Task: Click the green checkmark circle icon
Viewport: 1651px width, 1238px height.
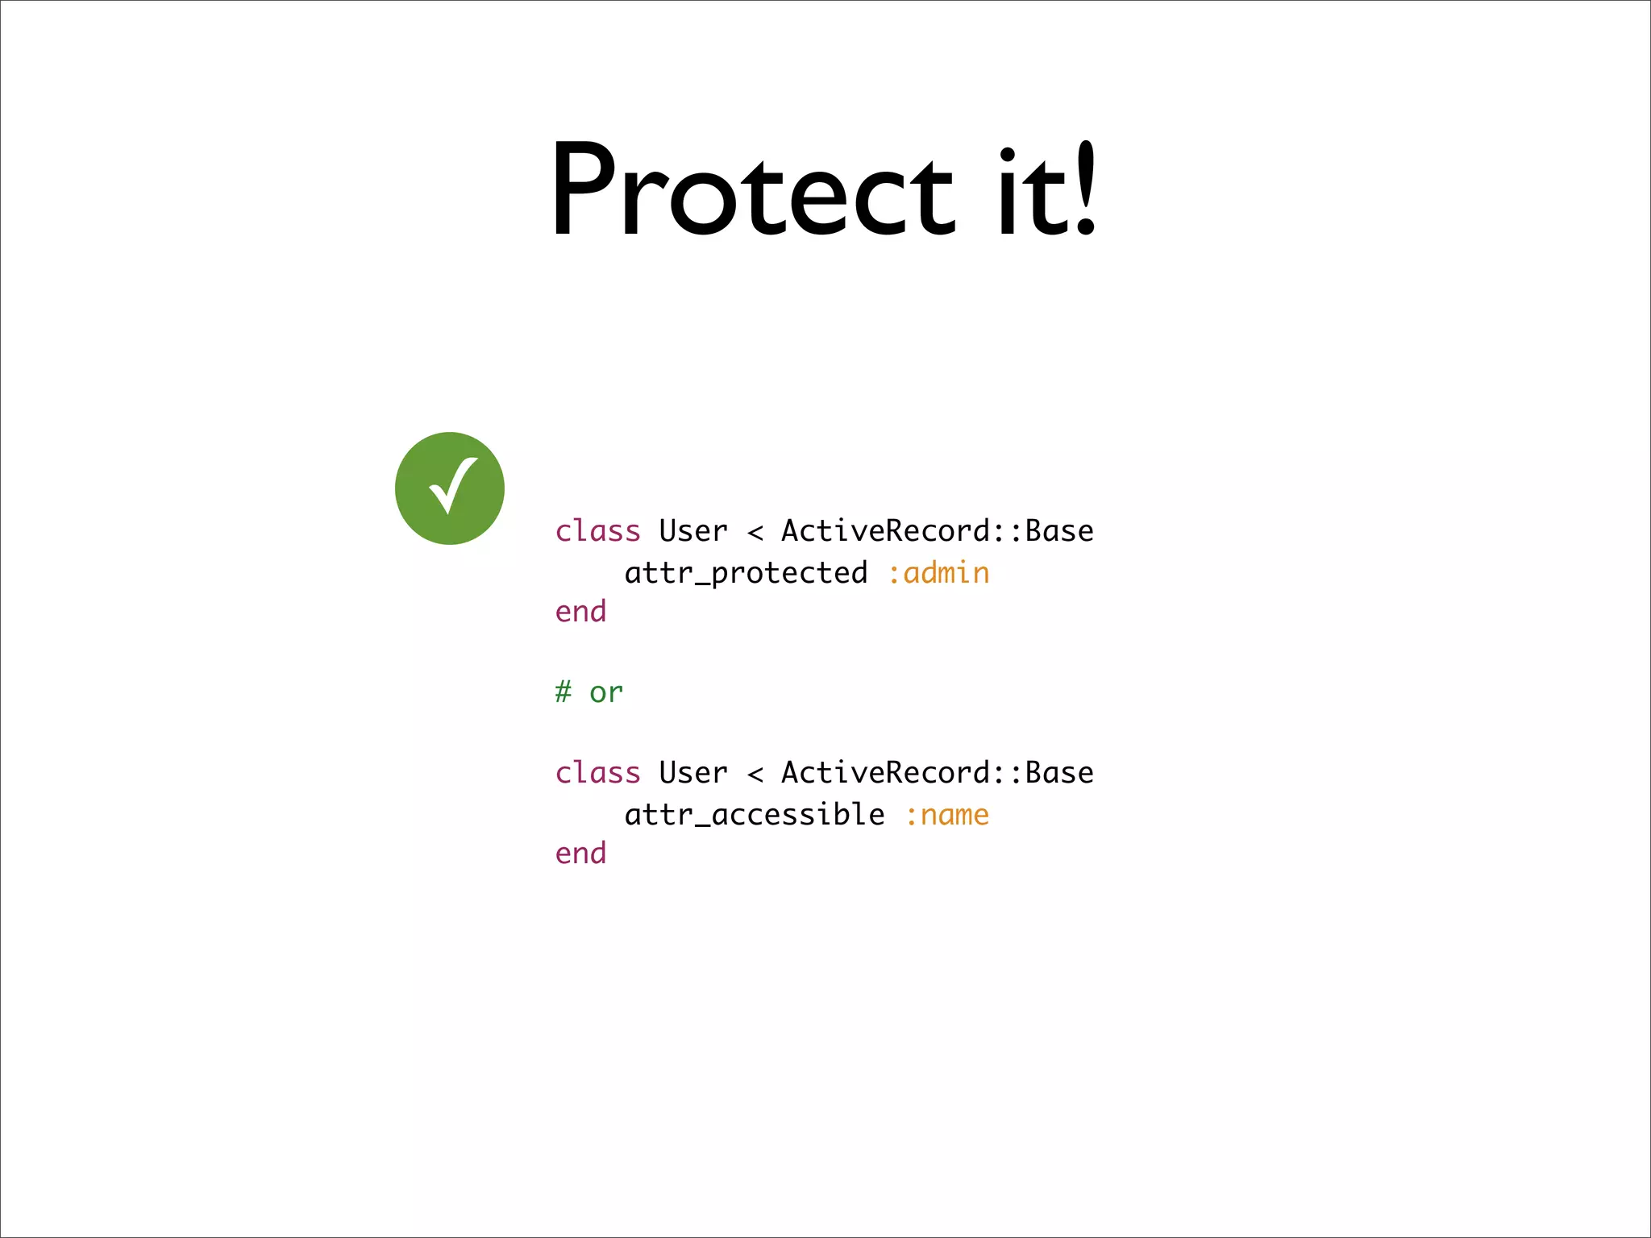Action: (x=450, y=488)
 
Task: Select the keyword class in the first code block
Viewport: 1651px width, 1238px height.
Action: (x=597, y=531)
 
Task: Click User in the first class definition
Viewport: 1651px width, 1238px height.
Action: (x=692, y=531)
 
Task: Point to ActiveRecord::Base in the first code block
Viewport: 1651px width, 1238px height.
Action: (x=937, y=531)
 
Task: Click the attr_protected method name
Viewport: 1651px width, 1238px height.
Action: (x=746, y=573)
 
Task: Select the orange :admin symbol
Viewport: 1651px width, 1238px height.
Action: (x=938, y=573)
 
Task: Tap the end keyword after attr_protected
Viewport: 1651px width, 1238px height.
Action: (x=580, y=612)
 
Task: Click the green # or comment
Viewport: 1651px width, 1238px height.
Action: (x=588, y=692)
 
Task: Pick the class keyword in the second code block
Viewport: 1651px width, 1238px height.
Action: (x=597, y=773)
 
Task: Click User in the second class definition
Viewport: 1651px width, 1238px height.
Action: (x=692, y=773)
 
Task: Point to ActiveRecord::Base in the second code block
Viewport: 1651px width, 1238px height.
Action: (x=937, y=773)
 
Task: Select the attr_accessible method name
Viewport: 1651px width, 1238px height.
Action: (x=755, y=815)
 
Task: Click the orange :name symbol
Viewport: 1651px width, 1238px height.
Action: (x=947, y=815)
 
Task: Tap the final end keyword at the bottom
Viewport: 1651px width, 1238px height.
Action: (x=580, y=854)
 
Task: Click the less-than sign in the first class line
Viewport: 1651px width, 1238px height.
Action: (x=755, y=533)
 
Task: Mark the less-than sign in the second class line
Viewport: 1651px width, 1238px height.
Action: (x=755, y=775)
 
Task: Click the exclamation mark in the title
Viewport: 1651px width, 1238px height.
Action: (x=1085, y=189)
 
